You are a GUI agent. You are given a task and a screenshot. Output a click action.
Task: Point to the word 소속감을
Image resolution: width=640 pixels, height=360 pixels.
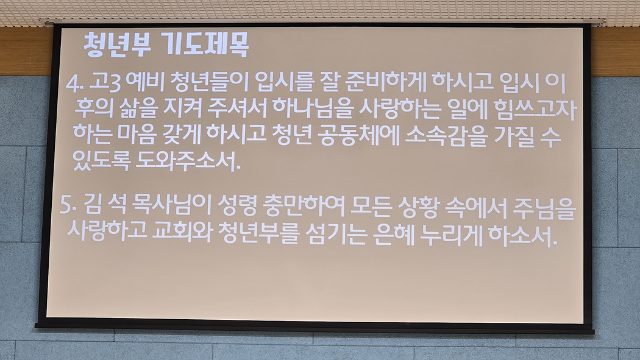click(447, 136)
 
